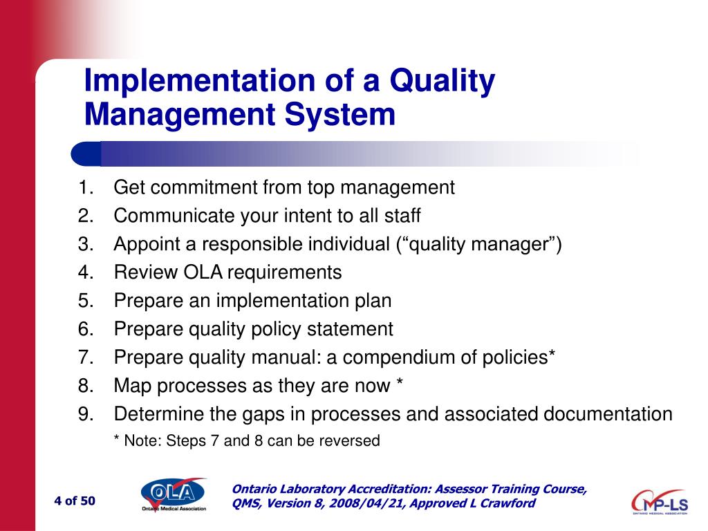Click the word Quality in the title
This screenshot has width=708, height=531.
[x=442, y=82]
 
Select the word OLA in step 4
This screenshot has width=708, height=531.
[x=203, y=272]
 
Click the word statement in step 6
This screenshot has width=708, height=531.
[x=350, y=329]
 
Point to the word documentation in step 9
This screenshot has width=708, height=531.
[x=608, y=414]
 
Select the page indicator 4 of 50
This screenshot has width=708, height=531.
[x=75, y=501]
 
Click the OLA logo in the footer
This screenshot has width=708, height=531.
[x=173, y=494]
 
